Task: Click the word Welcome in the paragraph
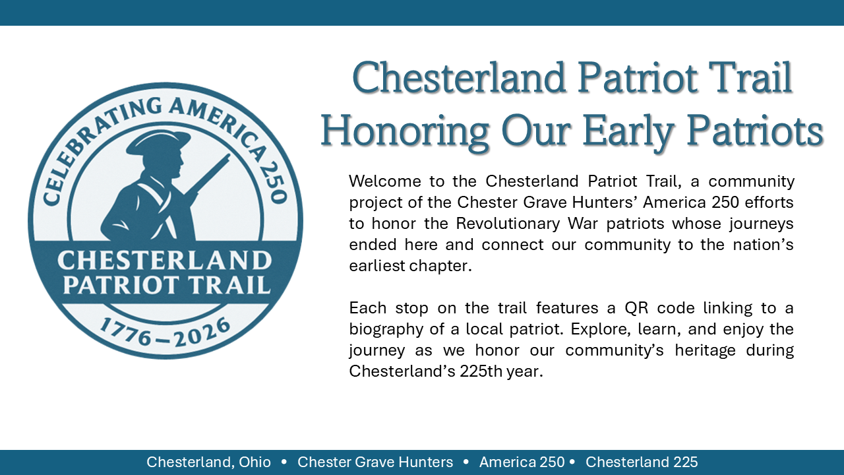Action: coord(380,181)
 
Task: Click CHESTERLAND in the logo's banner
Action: coord(164,261)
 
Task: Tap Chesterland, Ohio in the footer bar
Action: coord(208,462)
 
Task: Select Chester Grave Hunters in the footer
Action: coord(375,462)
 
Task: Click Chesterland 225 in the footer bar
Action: coord(642,462)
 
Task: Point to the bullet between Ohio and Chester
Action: coord(284,462)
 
